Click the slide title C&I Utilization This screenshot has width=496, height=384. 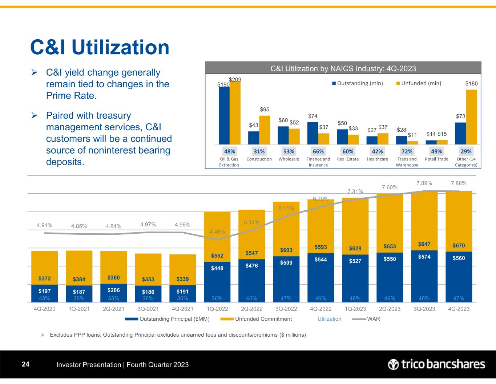(x=100, y=47)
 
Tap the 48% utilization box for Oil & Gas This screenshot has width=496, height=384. (x=229, y=151)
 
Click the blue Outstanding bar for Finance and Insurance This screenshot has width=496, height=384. (x=312, y=133)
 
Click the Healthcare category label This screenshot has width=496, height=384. (x=378, y=159)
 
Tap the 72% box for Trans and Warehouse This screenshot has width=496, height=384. (x=407, y=151)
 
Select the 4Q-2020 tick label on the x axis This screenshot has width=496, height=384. (x=44, y=309)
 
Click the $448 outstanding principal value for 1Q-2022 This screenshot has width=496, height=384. (x=217, y=268)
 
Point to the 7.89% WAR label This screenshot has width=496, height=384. (x=424, y=183)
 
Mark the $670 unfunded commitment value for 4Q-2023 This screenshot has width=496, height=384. (x=459, y=246)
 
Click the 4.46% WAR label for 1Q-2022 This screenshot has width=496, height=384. (x=217, y=231)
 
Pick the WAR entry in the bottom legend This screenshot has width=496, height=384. (x=370, y=319)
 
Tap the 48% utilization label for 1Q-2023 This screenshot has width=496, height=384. (x=355, y=298)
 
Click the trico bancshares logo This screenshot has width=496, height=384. (x=436, y=364)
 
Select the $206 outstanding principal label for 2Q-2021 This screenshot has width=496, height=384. (x=113, y=290)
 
